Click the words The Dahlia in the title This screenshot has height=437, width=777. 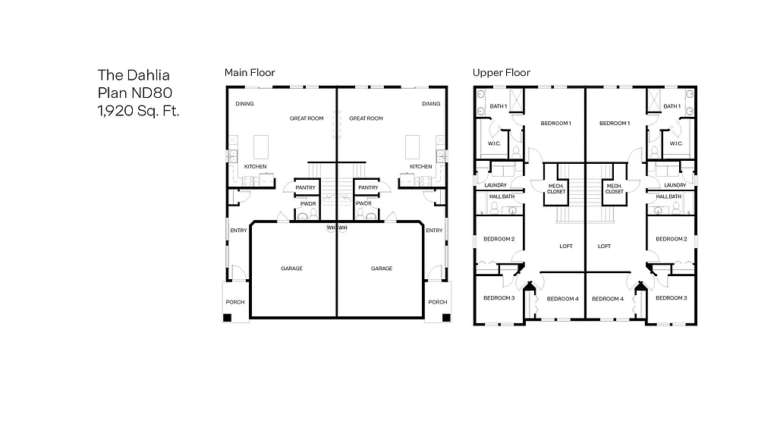pos(134,75)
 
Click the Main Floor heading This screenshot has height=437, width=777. pos(250,73)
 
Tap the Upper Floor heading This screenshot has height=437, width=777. pos(501,73)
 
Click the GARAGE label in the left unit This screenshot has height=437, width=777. pos(292,269)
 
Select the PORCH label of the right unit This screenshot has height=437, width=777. pos(438,302)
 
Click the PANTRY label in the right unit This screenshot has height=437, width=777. pos(368,188)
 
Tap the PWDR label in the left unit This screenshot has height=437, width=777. pos(307,203)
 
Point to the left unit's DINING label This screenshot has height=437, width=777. pos(244,104)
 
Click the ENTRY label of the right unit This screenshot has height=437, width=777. pos(434,231)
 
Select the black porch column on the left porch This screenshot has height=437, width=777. pos(227,319)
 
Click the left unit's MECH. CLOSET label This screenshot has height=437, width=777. pos(556,189)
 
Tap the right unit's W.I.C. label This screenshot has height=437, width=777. pos(675,143)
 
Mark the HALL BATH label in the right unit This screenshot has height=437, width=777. pos(668,196)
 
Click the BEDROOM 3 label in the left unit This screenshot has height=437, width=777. pos(499,298)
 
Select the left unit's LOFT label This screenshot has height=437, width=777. pos(565,246)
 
